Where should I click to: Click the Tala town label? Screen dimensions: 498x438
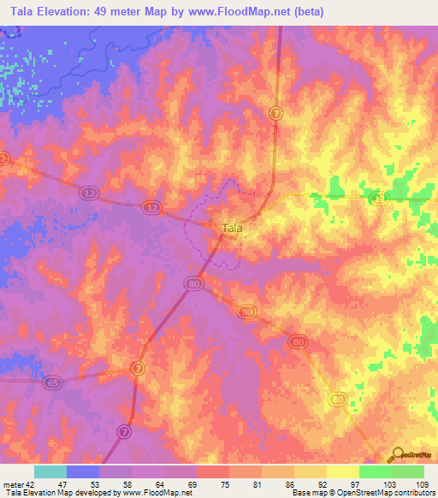tap(232, 228)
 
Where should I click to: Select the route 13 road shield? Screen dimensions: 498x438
tap(377, 199)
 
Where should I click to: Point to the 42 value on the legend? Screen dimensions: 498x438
tap(28, 485)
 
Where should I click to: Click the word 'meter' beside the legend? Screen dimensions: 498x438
tap(11, 485)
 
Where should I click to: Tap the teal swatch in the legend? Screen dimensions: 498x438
tap(50, 471)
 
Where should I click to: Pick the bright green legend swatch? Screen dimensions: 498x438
tap(376, 471)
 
